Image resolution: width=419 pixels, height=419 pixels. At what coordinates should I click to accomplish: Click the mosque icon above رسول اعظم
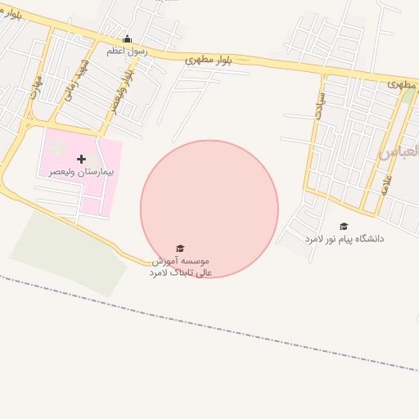click(x=127, y=38)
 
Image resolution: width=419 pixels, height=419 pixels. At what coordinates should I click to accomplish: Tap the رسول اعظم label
click(x=127, y=51)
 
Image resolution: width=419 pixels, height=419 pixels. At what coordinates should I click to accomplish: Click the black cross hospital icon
click(x=80, y=159)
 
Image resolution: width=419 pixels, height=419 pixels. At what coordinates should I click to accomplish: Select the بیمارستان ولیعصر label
click(x=80, y=172)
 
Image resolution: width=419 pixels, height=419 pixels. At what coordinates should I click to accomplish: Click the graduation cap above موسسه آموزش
click(x=180, y=248)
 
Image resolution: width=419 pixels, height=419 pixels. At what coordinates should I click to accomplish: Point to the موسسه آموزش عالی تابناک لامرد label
click(x=181, y=266)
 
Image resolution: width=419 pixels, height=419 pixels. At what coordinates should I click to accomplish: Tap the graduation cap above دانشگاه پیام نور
click(x=344, y=226)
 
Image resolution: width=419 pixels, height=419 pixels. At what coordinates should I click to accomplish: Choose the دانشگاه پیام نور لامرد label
click(x=345, y=238)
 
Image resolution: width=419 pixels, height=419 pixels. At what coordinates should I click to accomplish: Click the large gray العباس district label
click(x=400, y=151)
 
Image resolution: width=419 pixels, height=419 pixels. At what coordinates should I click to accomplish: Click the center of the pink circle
click(x=209, y=209)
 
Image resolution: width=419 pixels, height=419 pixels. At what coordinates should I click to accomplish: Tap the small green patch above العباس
click(x=408, y=96)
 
